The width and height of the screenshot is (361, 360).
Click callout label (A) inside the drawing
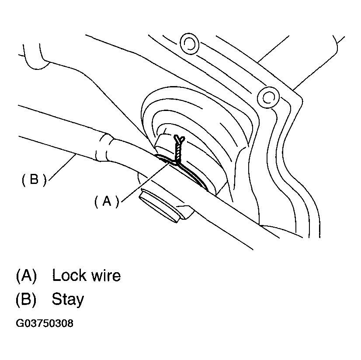point(107,201)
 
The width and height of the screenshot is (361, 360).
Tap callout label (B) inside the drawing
point(34,180)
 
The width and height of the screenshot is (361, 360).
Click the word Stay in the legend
point(68,300)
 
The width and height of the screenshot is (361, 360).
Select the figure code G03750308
point(45,324)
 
